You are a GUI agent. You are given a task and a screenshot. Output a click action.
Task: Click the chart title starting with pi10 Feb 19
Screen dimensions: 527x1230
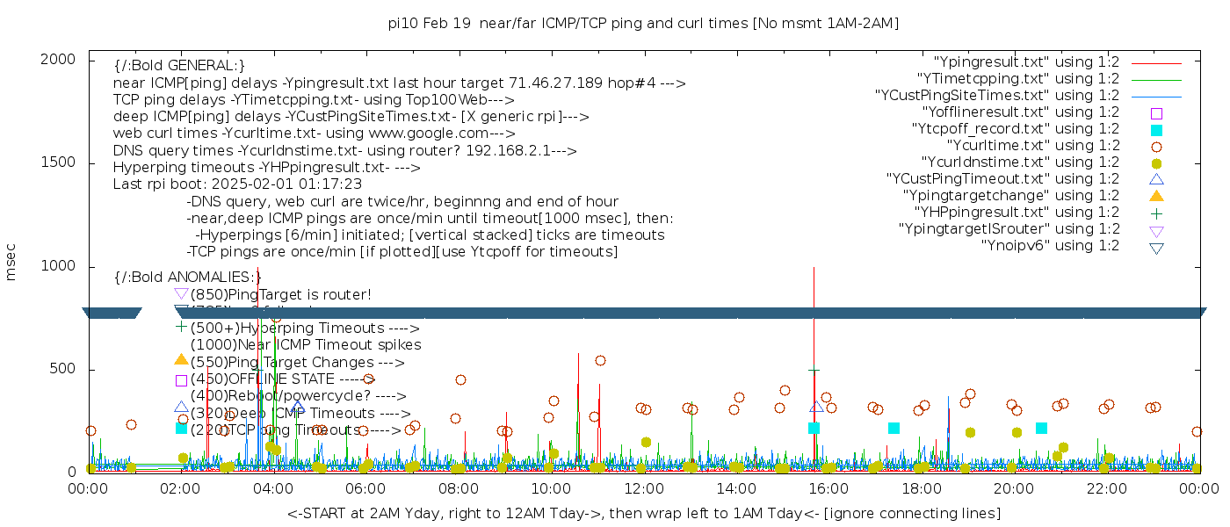643,23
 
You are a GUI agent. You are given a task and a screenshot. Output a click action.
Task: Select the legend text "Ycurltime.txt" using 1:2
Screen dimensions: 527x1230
1032,146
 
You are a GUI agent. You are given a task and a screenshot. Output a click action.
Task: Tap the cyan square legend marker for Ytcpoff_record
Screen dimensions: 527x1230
1156,129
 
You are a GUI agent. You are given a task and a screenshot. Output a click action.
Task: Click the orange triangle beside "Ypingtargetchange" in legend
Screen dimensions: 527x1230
1156,196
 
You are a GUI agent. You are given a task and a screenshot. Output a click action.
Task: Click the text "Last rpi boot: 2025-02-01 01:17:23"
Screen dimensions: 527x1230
237,184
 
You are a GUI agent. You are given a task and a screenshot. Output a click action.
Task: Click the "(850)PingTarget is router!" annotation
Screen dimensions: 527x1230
280,294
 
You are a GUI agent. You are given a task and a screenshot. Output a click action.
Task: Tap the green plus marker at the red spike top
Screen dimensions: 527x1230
814,371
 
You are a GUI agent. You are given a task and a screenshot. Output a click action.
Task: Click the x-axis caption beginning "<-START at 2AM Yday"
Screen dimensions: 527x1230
643,513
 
